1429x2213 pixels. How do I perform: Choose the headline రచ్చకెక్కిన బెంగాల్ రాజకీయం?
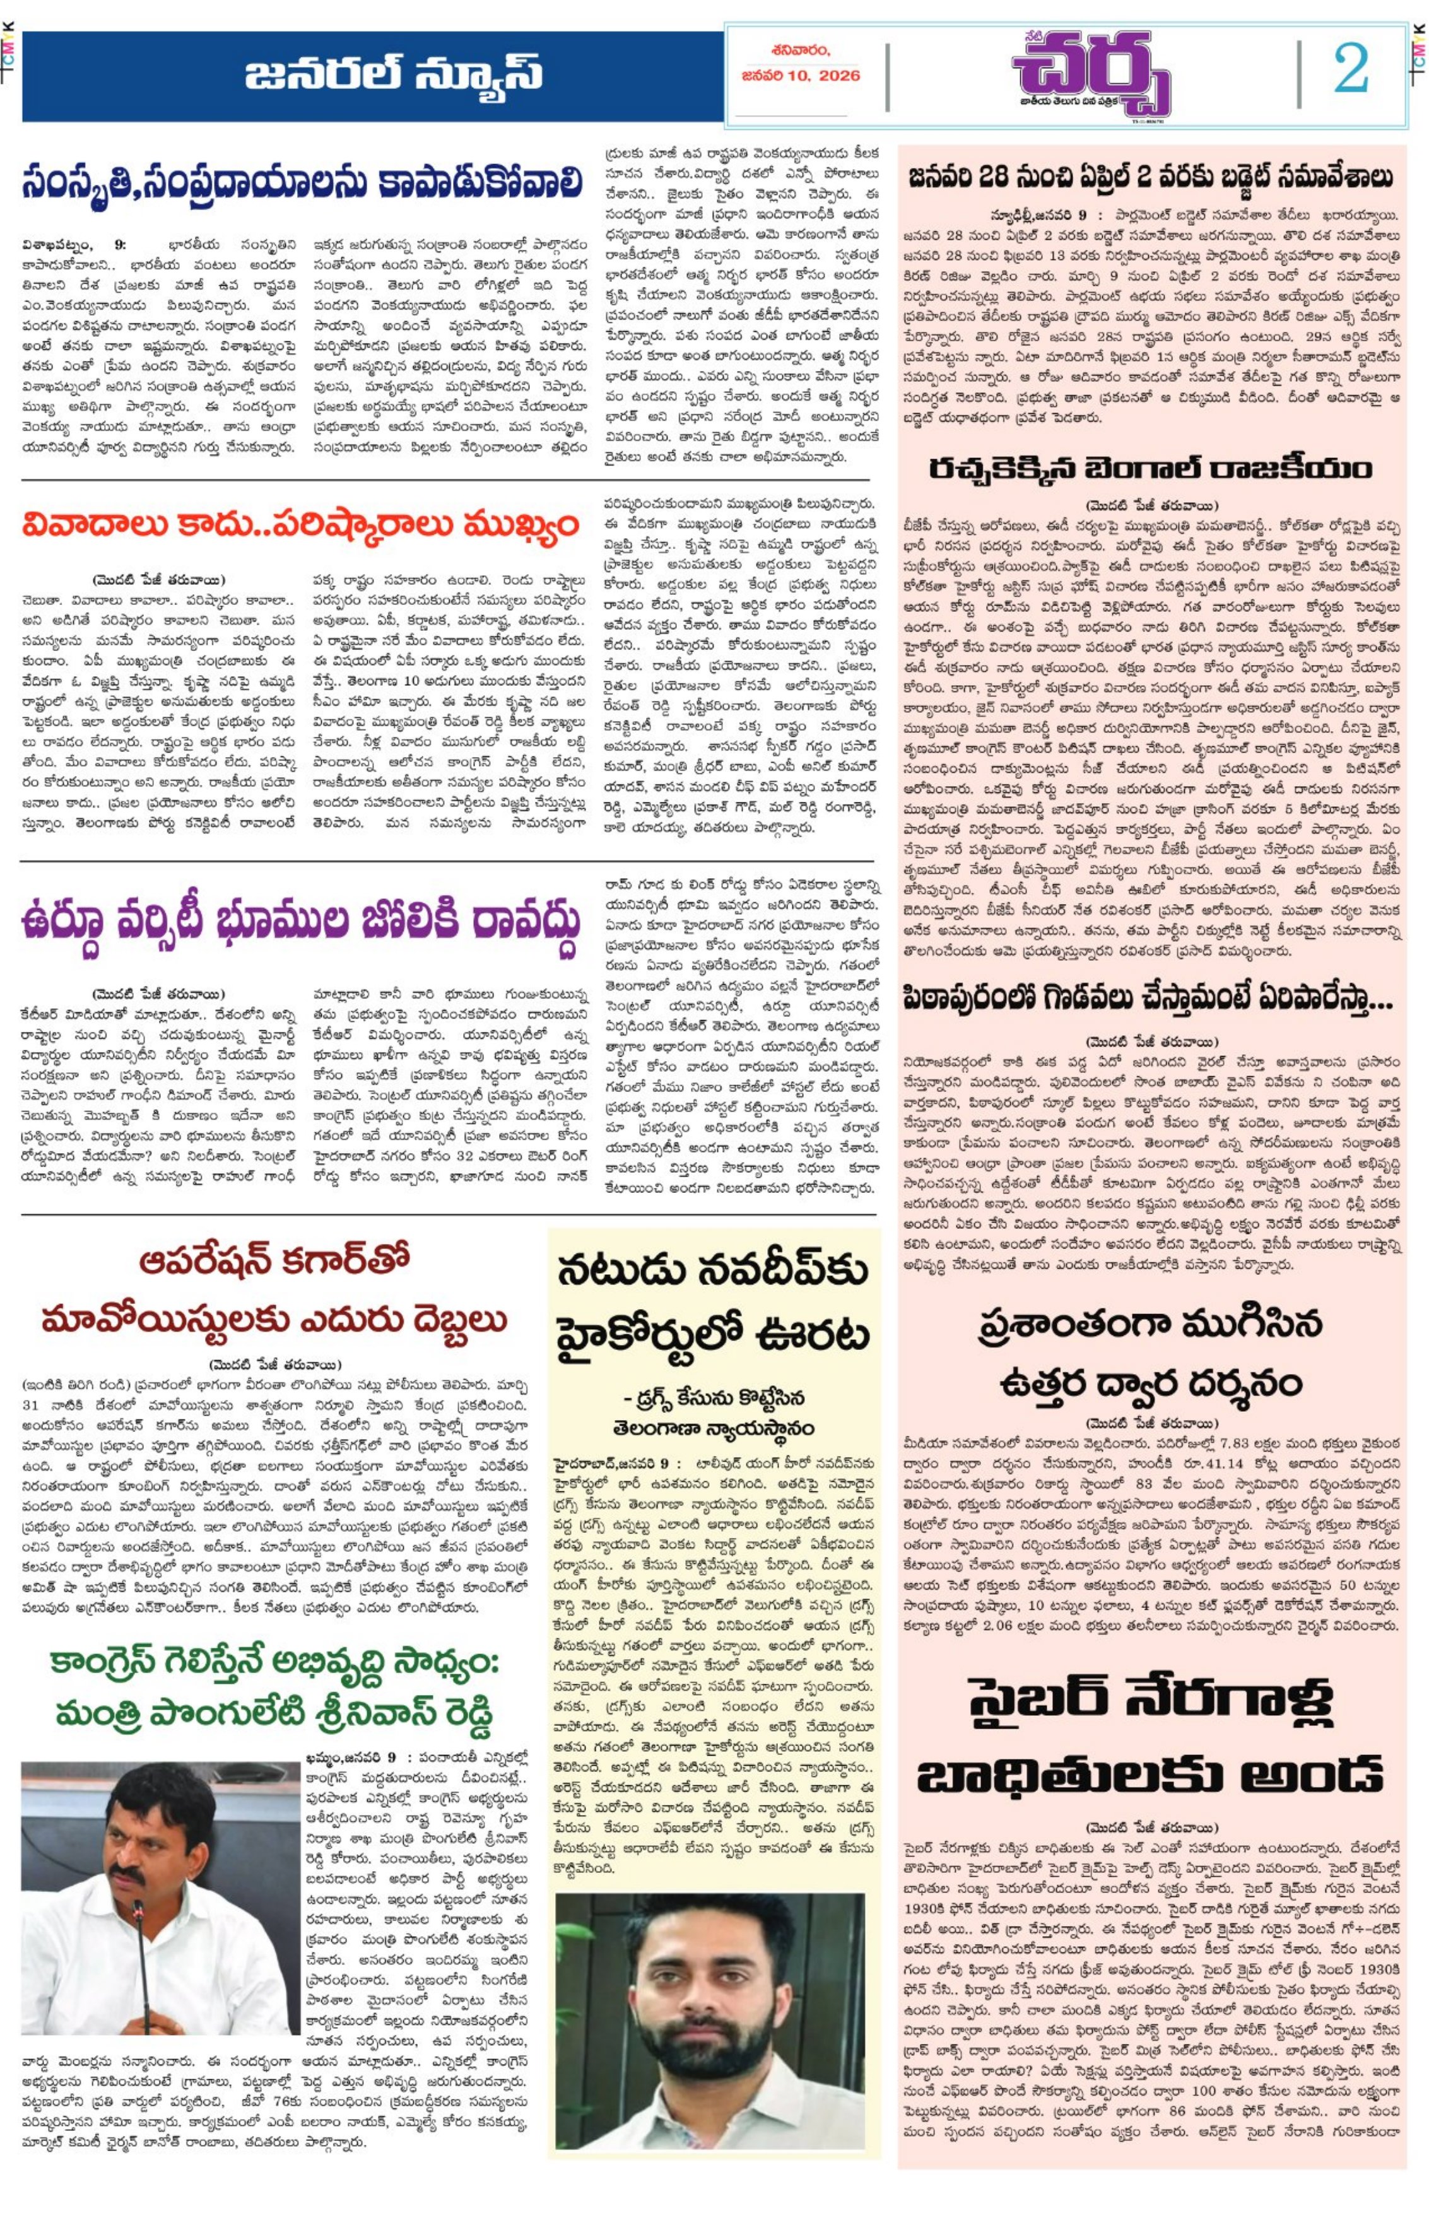click(x=1151, y=469)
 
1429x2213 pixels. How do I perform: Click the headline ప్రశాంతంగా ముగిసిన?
click(x=1151, y=1325)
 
